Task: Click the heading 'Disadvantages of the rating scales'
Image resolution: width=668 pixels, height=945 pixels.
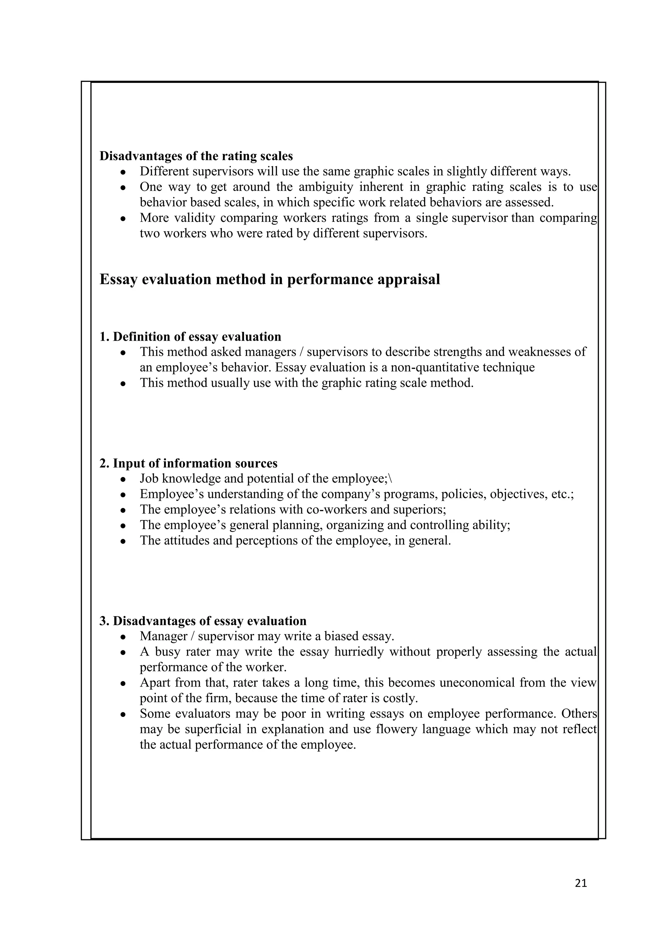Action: click(x=196, y=156)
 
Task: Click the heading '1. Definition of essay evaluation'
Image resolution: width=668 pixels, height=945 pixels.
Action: click(x=190, y=337)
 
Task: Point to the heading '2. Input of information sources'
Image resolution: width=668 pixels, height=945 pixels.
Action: click(x=189, y=463)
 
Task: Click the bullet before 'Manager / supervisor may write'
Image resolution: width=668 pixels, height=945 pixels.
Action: click(x=123, y=637)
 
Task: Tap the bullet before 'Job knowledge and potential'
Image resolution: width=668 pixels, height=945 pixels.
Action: click(x=123, y=479)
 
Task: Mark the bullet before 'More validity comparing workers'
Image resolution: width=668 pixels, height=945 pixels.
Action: click(x=123, y=219)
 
